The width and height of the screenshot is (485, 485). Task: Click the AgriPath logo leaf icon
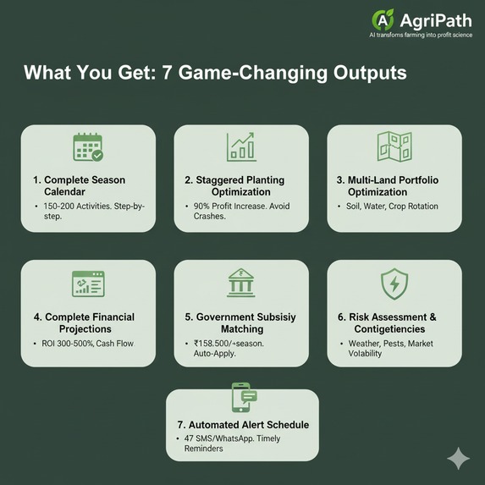tap(383, 19)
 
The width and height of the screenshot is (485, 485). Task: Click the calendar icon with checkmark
tap(88, 146)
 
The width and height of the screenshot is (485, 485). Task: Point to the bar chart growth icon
tap(241, 146)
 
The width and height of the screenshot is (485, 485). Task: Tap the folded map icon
tap(394, 147)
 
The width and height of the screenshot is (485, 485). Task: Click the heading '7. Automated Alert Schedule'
tap(241, 425)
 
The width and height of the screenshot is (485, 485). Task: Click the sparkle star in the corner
tap(458, 458)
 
